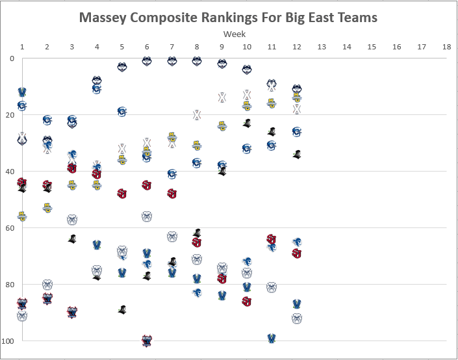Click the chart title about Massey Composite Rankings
pyautogui.click(x=228, y=18)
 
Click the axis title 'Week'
pyautogui.click(x=234, y=34)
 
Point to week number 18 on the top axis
pyautogui.click(x=446, y=47)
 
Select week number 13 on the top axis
pyautogui.click(x=322, y=47)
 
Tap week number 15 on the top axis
pyautogui.click(x=372, y=47)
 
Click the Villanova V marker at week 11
pyautogui.click(x=272, y=339)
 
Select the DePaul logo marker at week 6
pyautogui.click(x=147, y=341)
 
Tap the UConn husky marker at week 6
pyautogui.click(x=147, y=61)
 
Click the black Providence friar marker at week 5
pyautogui.click(x=122, y=309)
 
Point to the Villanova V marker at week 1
pyautogui.click(x=22, y=92)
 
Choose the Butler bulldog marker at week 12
pyautogui.click(x=297, y=318)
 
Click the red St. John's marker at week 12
pyautogui.click(x=297, y=253)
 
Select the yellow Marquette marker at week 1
pyautogui.click(x=22, y=216)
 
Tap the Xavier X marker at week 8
pyautogui.click(x=197, y=115)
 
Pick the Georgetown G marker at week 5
pyautogui.click(x=122, y=111)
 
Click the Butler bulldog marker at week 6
pyautogui.click(x=147, y=216)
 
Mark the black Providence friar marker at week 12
pyautogui.click(x=297, y=154)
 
